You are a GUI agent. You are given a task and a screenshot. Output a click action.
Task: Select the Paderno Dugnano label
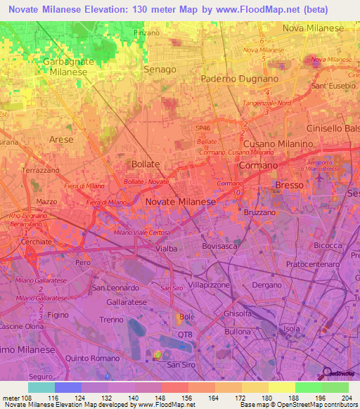[240, 79]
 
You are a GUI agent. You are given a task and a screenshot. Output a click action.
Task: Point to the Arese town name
[61, 139]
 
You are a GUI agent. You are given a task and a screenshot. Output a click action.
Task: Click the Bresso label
[289, 185]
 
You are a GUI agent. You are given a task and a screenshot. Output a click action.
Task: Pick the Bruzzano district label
[260, 212]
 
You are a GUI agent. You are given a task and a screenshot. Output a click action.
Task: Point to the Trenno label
[111, 320]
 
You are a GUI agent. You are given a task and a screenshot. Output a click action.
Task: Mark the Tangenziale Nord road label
[269, 102]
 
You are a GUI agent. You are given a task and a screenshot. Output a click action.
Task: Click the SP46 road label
[203, 129]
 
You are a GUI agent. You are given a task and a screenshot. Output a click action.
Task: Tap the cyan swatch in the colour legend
[41, 387]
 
